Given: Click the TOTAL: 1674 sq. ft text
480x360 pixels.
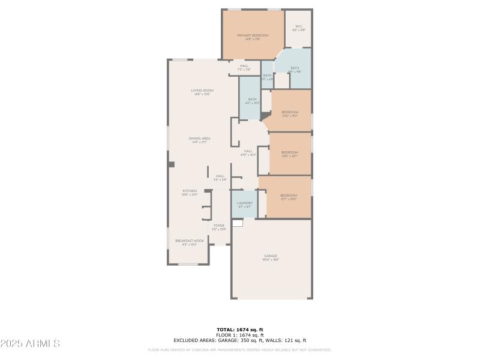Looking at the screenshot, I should (x=240, y=329).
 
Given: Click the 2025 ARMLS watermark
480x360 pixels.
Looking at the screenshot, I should (x=30, y=344).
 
